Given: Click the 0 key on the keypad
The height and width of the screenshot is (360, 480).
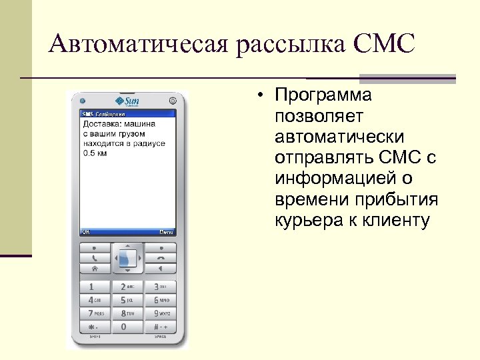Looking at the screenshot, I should tap(127, 327).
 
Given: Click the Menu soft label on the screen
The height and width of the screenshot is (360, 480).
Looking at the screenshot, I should tap(167, 232).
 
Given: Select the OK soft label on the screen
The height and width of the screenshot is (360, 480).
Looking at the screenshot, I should tap(86, 232).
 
